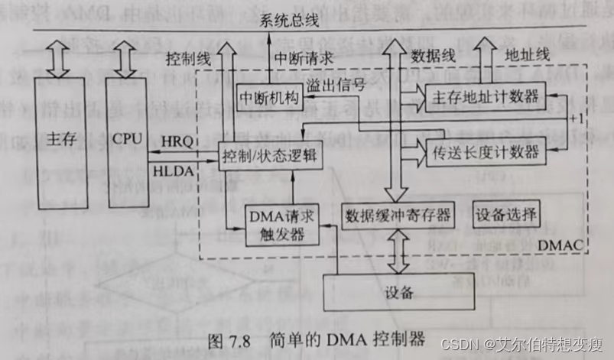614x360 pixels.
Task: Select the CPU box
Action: [x=127, y=141]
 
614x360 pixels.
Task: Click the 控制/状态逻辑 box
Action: [x=266, y=156]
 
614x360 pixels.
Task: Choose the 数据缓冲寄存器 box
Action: [x=398, y=212]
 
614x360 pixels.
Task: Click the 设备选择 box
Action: [x=506, y=212]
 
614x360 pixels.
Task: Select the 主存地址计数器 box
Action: [x=486, y=97]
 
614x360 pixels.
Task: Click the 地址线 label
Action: [x=528, y=55]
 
